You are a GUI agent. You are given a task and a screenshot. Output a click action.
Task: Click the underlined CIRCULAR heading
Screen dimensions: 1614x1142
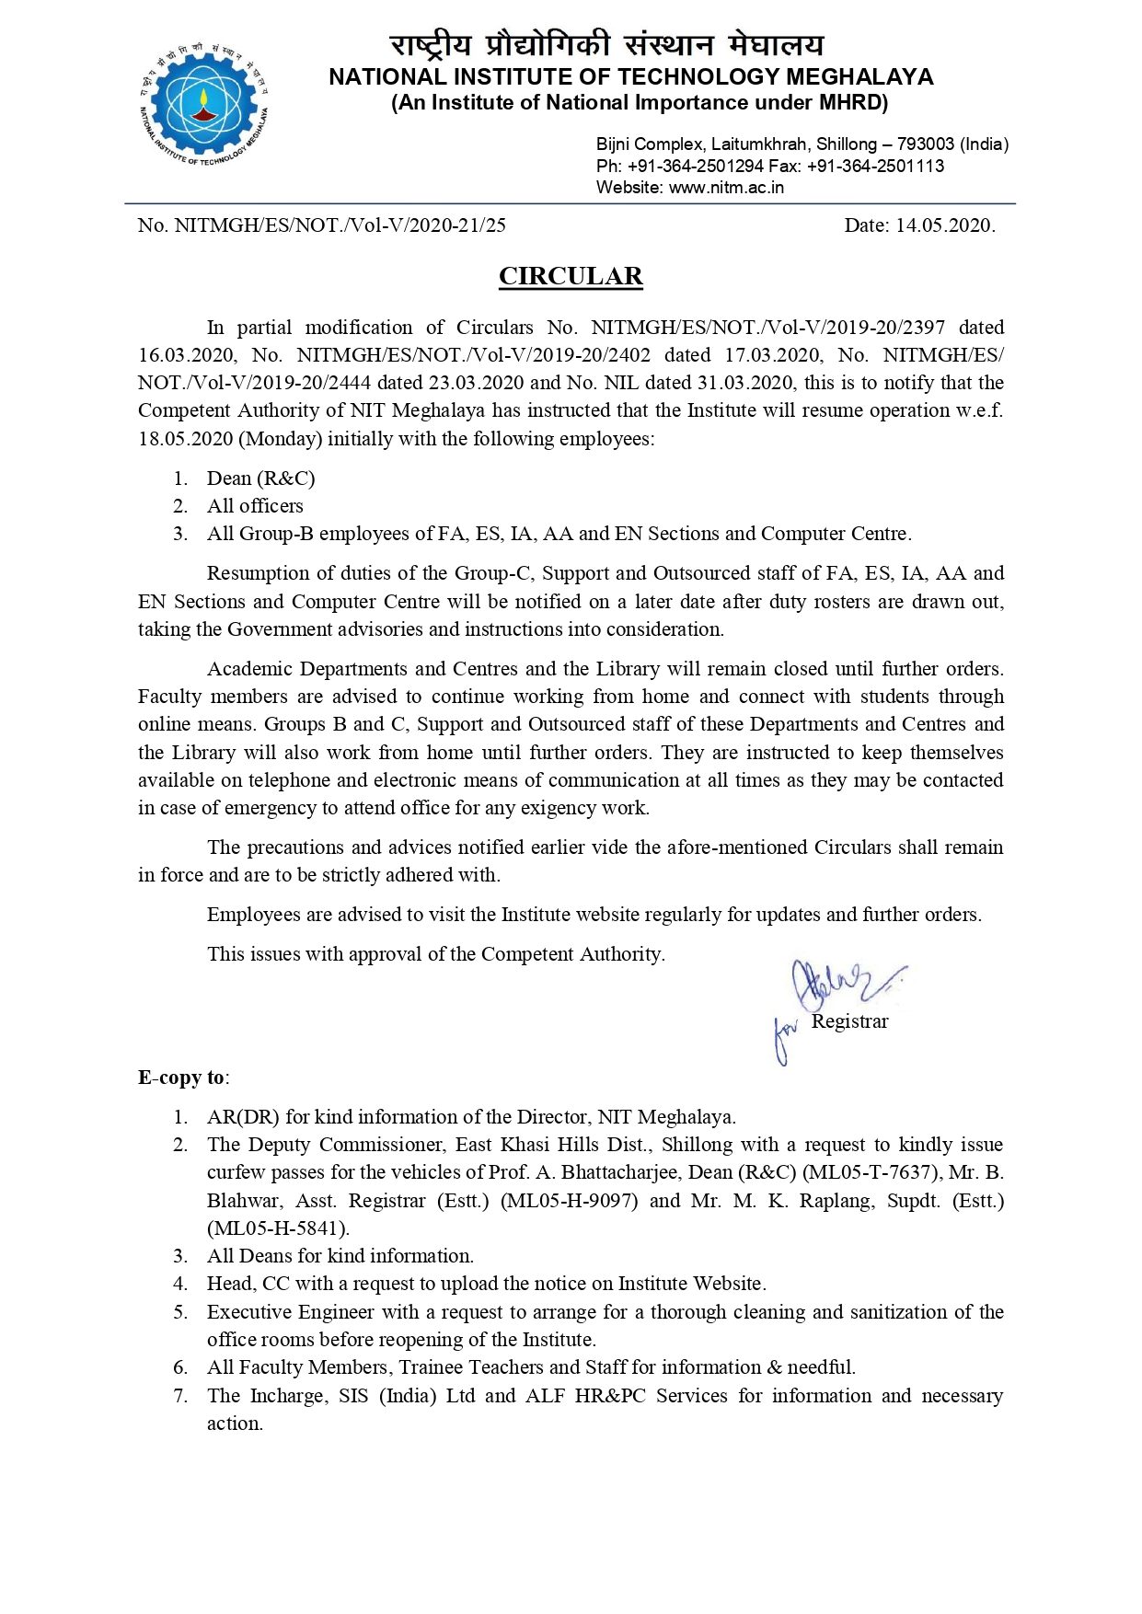(571, 276)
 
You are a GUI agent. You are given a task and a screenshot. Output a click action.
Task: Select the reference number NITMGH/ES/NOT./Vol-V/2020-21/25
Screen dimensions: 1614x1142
(340, 225)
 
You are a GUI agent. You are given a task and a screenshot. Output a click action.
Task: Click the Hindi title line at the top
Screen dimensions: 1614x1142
(606, 45)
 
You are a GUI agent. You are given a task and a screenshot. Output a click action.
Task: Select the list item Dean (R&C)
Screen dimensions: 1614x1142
(260, 478)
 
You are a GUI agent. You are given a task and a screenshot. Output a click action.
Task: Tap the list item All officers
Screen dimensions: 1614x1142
(255, 506)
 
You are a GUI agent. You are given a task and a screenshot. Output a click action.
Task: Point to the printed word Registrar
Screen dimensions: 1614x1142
(850, 1021)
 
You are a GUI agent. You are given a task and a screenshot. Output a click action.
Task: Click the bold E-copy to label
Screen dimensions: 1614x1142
(183, 1078)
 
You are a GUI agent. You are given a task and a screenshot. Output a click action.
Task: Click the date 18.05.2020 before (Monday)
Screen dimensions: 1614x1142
(185, 439)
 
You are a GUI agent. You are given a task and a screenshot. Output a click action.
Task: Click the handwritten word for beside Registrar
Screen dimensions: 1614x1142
(785, 1040)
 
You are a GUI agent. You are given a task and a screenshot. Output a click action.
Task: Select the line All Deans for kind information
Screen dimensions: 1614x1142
(340, 1256)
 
